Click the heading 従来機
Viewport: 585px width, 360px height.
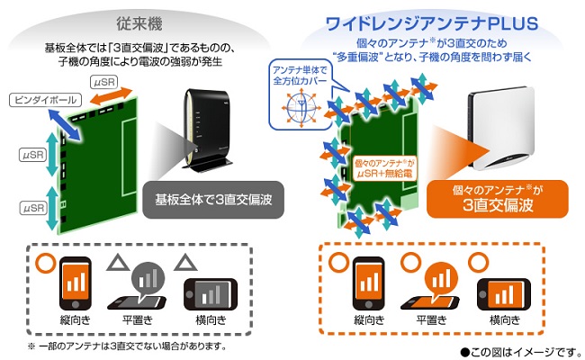[x=139, y=24]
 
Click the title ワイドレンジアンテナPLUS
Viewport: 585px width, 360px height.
[x=432, y=23]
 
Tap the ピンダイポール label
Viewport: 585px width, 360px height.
[x=45, y=100]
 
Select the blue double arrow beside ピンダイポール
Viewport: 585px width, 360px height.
[x=65, y=125]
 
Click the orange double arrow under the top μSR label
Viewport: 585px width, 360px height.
[x=112, y=96]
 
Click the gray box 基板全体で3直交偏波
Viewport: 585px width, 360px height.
[x=213, y=200]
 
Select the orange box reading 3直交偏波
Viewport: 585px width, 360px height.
[x=498, y=199]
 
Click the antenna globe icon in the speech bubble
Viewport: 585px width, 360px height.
[x=301, y=107]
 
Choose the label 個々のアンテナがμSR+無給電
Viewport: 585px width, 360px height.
[x=385, y=168]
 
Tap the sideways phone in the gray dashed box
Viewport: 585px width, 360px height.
[x=211, y=294]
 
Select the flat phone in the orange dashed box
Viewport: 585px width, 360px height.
[x=430, y=303]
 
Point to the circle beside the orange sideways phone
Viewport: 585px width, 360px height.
[x=478, y=262]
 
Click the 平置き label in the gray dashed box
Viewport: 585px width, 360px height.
[x=138, y=320]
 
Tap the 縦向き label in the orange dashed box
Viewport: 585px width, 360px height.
[x=369, y=320]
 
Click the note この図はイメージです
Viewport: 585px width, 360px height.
[x=521, y=352]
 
